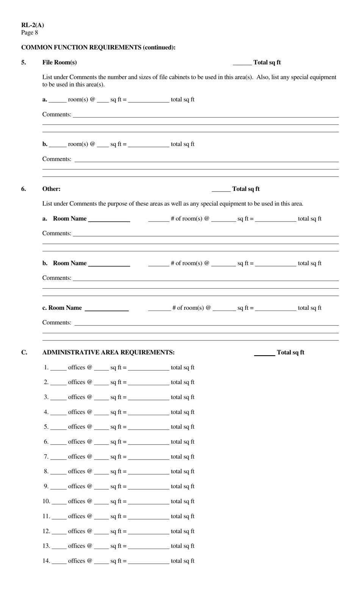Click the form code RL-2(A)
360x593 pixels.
[x=33, y=25]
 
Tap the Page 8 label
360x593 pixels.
[x=30, y=32]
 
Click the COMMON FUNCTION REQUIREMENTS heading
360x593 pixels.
[x=98, y=47]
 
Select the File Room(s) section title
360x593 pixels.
[x=59, y=62]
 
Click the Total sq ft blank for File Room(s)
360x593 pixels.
[x=242, y=63]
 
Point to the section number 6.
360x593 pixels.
[x=23, y=189]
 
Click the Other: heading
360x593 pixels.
[x=51, y=189]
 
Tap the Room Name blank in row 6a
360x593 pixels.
[x=109, y=220]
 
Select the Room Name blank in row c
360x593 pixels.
[x=107, y=309]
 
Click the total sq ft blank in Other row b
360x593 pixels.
[x=276, y=264]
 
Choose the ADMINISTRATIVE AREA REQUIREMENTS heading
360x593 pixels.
[x=108, y=352]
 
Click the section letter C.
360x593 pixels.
[x=24, y=352]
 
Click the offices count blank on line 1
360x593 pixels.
[x=58, y=368]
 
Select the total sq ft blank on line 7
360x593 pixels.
[x=149, y=458]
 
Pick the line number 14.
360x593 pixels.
[x=46, y=561]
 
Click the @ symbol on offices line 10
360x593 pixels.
[x=89, y=501]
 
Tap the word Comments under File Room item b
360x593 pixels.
[x=56, y=159]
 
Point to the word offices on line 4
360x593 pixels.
[x=77, y=412]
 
